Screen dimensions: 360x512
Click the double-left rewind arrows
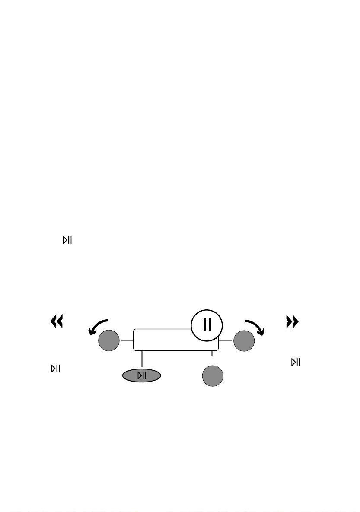pos(57,321)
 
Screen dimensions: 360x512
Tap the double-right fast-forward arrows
pos(293,321)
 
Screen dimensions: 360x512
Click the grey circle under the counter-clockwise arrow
pos(108,341)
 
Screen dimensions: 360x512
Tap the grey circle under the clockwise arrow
pos(244,341)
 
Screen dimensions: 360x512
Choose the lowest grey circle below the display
pos(213,376)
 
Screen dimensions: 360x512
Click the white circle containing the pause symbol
pos(207,324)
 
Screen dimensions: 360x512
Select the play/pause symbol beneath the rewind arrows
pos(55,369)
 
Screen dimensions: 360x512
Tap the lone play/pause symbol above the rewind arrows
pos(67,240)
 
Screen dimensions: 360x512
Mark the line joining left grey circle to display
pos(127,340)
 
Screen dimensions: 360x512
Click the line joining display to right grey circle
pos(225,340)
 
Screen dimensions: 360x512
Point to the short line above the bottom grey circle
pos(212,354)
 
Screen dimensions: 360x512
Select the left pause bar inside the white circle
pos(204,324)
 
